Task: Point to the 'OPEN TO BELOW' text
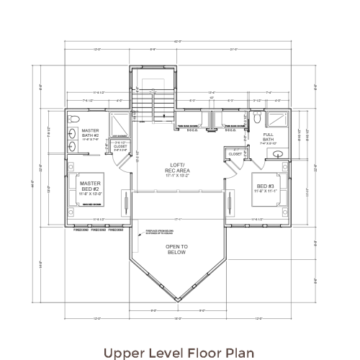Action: coord(177,250)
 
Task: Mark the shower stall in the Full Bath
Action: coord(276,119)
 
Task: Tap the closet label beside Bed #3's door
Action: coord(235,153)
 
